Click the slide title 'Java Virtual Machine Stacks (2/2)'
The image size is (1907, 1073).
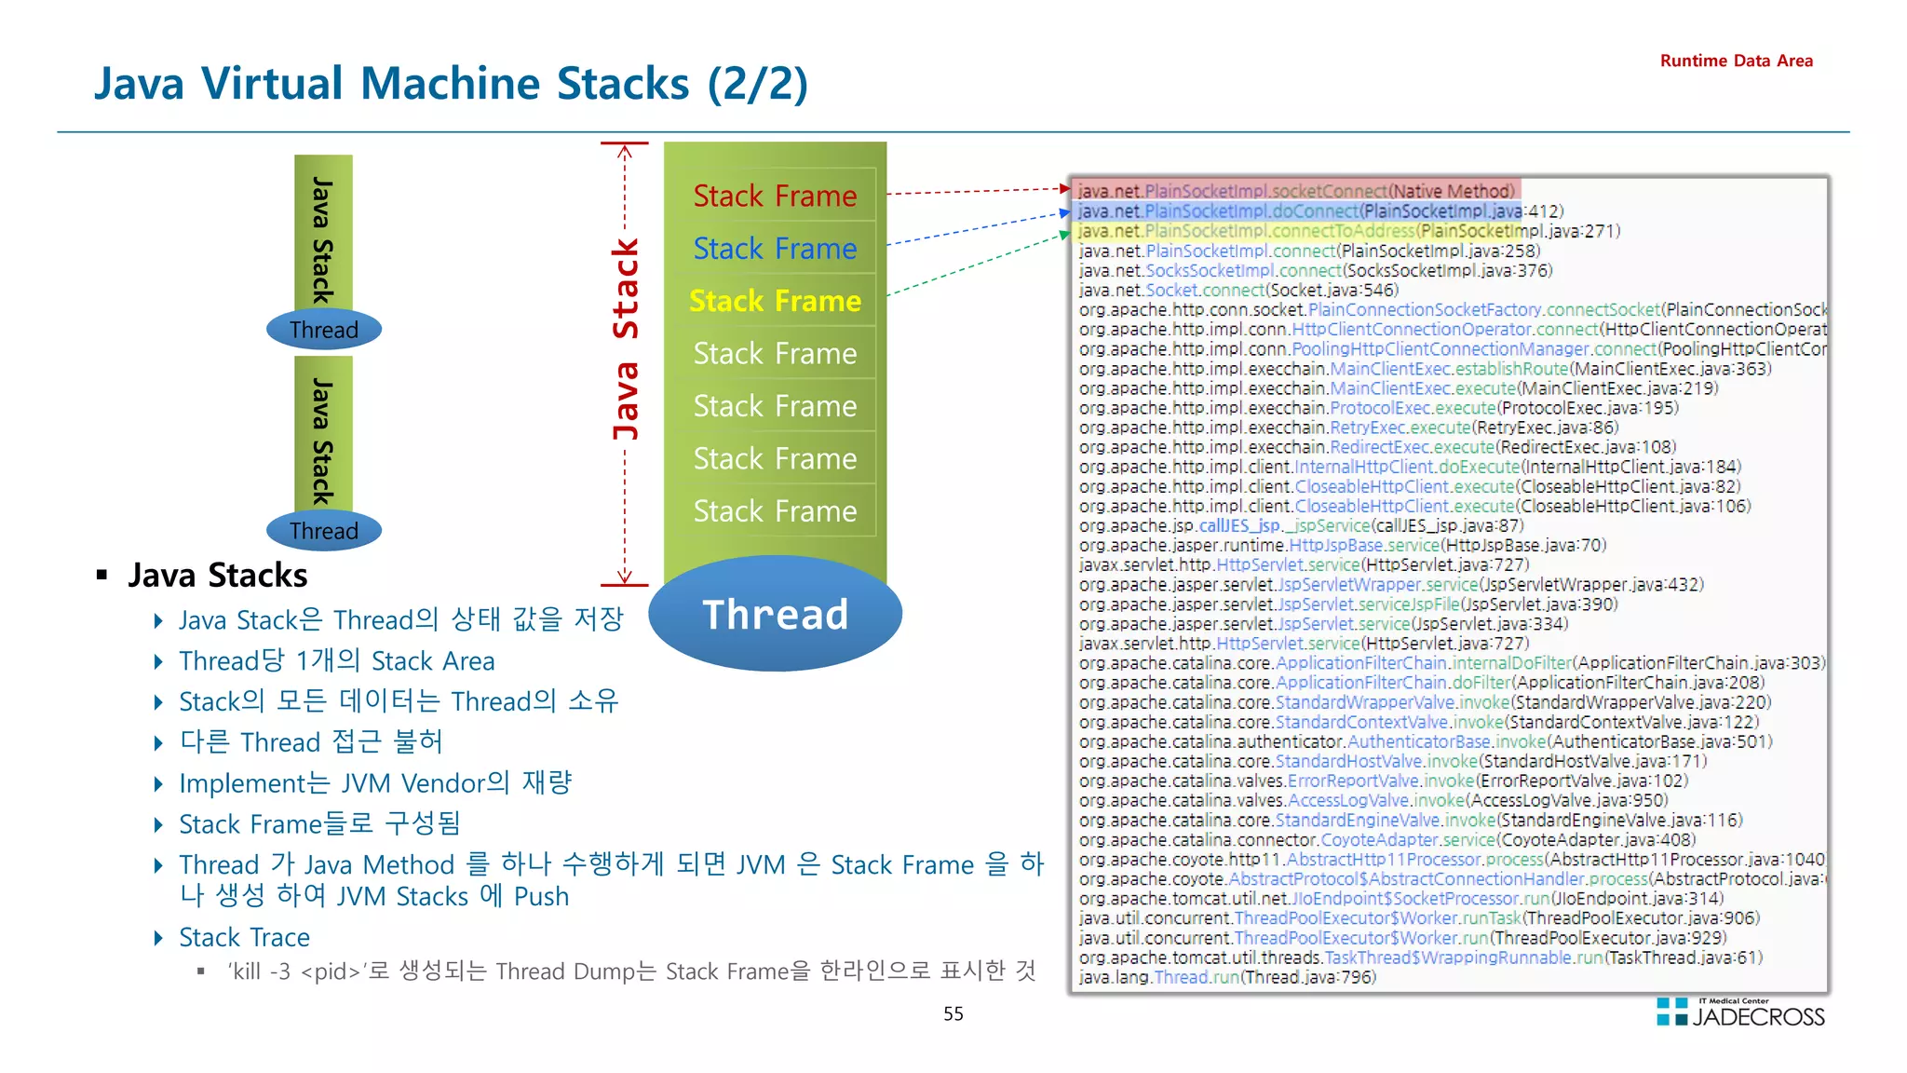[451, 84]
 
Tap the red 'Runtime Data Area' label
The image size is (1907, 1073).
[1736, 61]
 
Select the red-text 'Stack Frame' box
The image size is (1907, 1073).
[774, 196]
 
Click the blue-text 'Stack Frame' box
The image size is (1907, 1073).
[774, 248]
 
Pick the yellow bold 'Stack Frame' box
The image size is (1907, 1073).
[774, 301]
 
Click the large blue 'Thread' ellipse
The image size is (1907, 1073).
[774, 615]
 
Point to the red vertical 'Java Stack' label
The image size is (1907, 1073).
[626, 340]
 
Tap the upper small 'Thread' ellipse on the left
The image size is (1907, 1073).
[323, 330]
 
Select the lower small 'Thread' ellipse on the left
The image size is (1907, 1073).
[323, 531]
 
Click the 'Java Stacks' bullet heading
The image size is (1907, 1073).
[217, 576]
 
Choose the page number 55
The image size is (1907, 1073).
[953, 1013]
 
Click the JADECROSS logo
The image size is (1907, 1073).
[1741, 1013]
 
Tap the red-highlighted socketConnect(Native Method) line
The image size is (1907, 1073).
[1295, 191]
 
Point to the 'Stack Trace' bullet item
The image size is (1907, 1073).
[244, 937]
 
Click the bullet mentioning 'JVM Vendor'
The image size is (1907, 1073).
[374, 783]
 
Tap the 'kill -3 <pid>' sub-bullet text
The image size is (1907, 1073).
[630, 971]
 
